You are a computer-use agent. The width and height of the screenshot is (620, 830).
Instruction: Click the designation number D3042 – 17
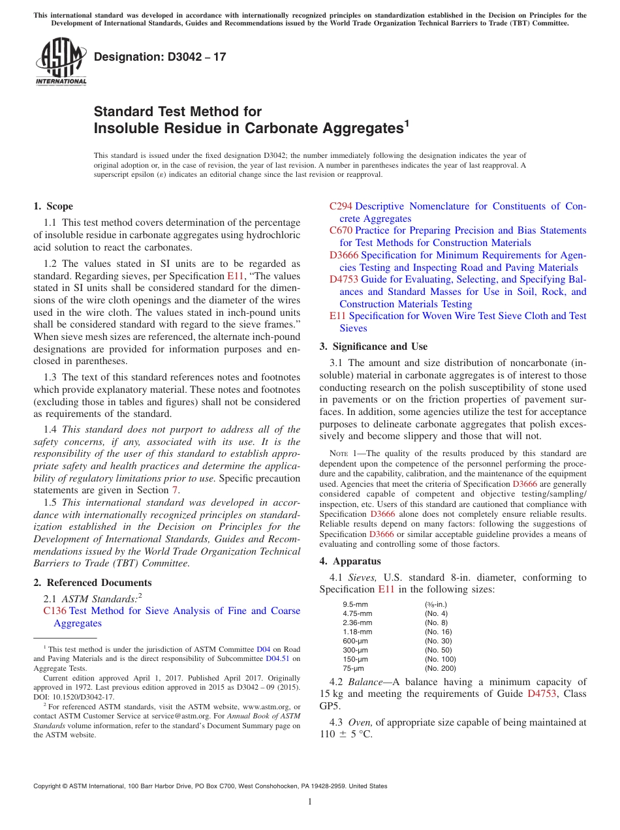coord(160,57)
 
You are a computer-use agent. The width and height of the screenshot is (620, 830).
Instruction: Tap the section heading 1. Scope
coord(53,206)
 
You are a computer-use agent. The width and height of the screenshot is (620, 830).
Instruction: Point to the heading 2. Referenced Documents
coord(92,583)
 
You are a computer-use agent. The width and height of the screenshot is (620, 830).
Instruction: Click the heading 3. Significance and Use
coord(373,346)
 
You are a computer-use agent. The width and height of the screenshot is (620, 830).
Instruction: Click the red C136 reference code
coord(55,611)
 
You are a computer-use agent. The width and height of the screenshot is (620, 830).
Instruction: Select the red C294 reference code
coord(341,206)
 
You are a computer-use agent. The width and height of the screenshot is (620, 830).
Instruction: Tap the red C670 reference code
coord(341,230)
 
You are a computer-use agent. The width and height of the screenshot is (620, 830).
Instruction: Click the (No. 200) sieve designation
coord(441,668)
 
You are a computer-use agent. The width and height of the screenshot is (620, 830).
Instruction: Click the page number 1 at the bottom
coord(310,802)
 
